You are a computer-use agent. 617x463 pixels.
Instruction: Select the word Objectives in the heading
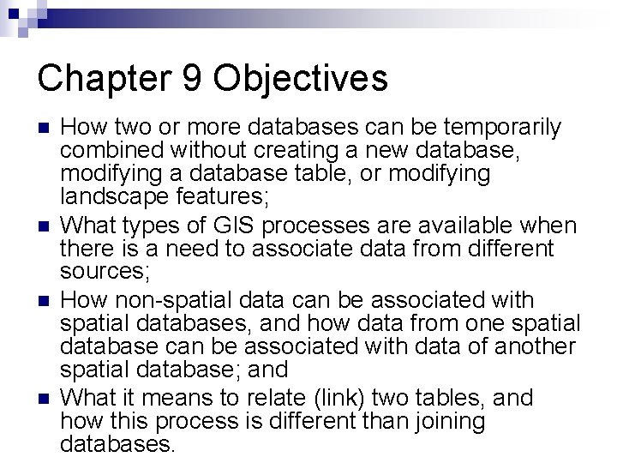click(x=303, y=78)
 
